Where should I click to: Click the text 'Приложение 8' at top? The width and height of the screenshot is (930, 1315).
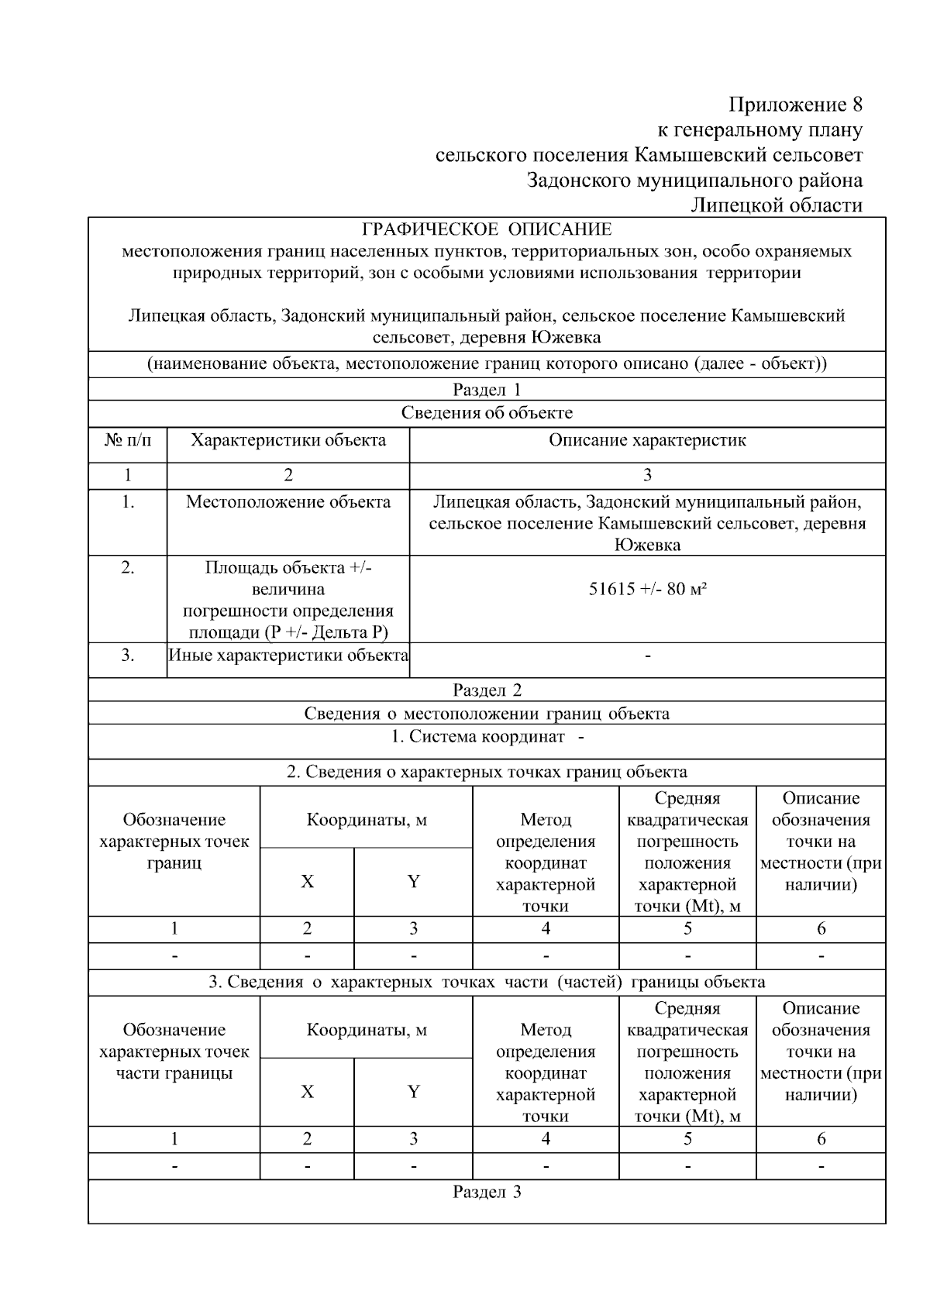click(x=795, y=104)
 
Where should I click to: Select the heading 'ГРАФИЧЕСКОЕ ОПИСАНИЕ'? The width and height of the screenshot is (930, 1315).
click(x=487, y=229)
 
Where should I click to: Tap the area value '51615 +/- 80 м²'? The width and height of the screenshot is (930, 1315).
click(x=647, y=589)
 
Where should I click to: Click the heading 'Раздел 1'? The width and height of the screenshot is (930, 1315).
click(x=487, y=390)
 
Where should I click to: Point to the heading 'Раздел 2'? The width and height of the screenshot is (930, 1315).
click(x=487, y=690)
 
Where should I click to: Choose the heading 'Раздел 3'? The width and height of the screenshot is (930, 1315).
click(x=487, y=1192)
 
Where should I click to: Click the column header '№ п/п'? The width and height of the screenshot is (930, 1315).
click(x=128, y=441)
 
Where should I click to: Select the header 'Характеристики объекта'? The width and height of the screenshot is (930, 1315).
click(x=288, y=441)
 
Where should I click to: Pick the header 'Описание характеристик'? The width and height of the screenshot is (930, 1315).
click(x=647, y=441)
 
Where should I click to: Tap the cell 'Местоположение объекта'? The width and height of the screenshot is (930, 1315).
click(x=288, y=502)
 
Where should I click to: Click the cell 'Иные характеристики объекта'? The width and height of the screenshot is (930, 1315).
click(x=288, y=656)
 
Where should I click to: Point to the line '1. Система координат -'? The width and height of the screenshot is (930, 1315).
click(x=487, y=737)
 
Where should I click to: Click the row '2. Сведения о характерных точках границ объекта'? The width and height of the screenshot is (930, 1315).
click(x=487, y=772)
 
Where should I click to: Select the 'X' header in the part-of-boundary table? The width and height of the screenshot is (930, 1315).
click(x=308, y=1092)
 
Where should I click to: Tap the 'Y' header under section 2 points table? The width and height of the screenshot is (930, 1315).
click(x=413, y=882)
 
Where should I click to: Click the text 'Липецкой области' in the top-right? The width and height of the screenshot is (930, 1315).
click(x=777, y=205)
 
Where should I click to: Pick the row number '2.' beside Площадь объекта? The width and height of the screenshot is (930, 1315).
click(x=128, y=568)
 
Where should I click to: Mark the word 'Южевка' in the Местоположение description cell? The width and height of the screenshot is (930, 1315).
click(x=647, y=545)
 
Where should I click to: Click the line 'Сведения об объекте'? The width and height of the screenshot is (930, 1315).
click(x=487, y=413)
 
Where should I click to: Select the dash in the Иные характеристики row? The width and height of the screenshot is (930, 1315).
click(x=647, y=656)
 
